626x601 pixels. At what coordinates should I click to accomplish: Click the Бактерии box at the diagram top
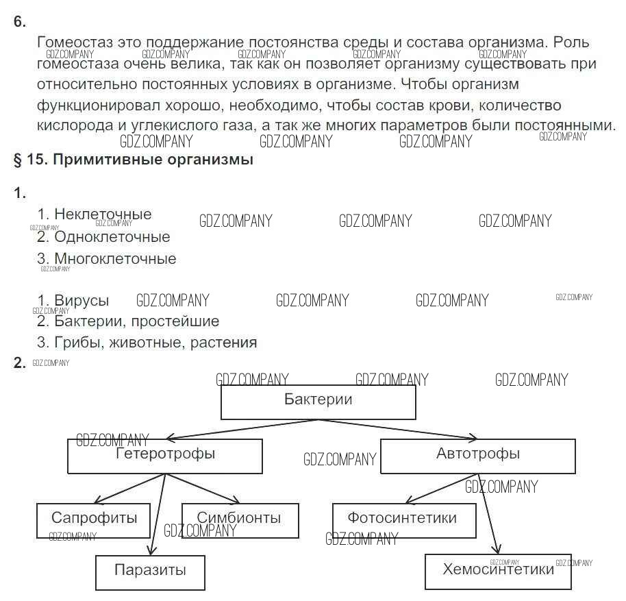[318, 402]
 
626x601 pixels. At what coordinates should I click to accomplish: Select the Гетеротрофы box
[164, 456]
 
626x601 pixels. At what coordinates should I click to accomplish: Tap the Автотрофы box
[477, 456]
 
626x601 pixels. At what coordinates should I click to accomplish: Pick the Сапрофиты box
[94, 520]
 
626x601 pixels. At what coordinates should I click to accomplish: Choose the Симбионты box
[240, 520]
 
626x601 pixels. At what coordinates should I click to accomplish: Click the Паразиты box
[150, 572]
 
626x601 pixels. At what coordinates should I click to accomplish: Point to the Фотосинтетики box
[403, 520]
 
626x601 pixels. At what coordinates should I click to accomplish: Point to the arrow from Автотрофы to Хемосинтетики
[489, 514]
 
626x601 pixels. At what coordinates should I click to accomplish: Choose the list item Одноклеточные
[112, 237]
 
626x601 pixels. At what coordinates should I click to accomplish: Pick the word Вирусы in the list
[82, 301]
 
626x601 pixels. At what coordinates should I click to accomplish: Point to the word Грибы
[77, 343]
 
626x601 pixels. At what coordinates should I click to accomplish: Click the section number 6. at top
[19, 22]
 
